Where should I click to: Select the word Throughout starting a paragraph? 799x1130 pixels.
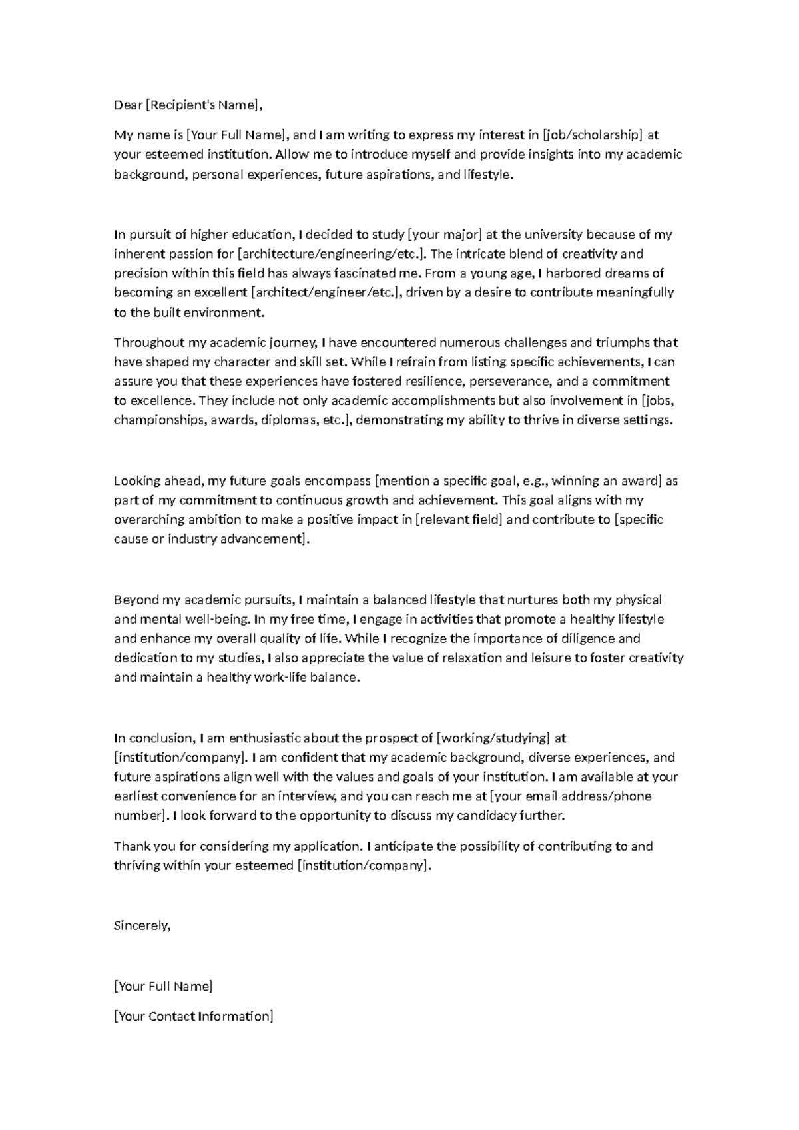(149, 343)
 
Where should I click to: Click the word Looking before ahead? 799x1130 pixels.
(136, 481)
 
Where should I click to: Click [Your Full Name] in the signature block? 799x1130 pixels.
(163, 987)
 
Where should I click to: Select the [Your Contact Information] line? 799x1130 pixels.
(194, 1017)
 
